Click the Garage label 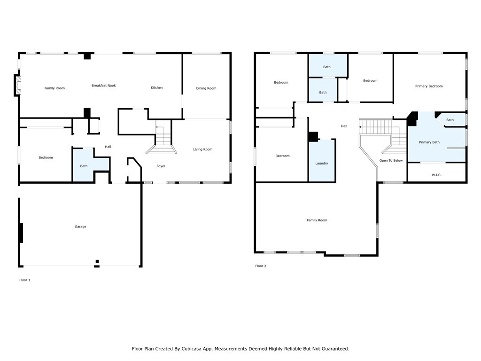click(80, 227)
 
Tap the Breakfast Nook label click(104, 86)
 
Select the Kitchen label click(156, 87)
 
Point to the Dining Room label click(206, 88)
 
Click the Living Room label click(203, 149)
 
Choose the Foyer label click(161, 166)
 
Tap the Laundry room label click(321, 163)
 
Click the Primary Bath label click(429, 142)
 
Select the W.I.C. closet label click(436, 175)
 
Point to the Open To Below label click(391, 161)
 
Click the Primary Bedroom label click(429, 86)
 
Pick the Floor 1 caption click(25, 280)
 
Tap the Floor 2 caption click(261, 266)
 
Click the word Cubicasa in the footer click(192, 349)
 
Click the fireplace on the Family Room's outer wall click(17, 85)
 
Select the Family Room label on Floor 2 click(317, 220)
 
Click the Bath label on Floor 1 click(84, 166)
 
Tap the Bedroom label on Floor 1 click(46, 157)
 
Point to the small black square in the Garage click(97, 261)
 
